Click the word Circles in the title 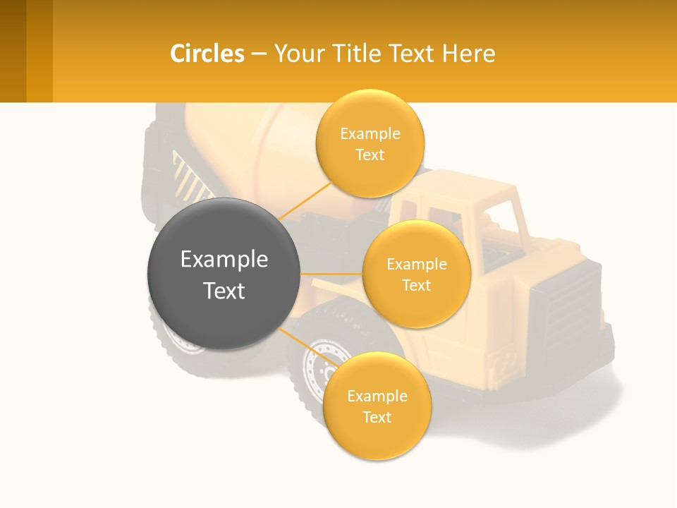(x=207, y=54)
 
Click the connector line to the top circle (x=305, y=201)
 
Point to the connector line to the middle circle (x=331, y=274)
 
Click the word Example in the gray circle (x=224, y=260)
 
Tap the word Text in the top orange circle (x=370, y=155)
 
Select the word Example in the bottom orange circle (x=377, y=397)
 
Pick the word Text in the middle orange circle (x=417, y=286)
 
